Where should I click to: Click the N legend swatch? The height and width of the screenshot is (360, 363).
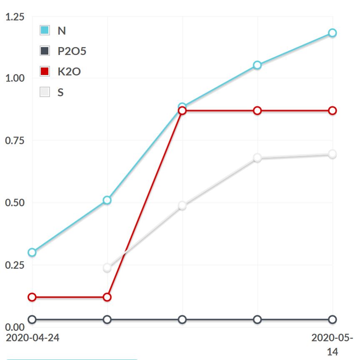pos(45,30)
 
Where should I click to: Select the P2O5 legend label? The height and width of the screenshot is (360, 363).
pos(72,51)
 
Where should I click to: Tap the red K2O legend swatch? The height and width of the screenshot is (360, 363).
pos(45,71)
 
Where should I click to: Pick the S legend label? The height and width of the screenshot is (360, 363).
pos(60,92)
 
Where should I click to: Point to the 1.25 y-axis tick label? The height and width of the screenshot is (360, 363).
pos(15,17)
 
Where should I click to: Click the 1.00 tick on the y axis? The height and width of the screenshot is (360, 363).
pos(15,78)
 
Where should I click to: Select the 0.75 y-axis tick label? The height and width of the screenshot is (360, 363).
pos(15,140)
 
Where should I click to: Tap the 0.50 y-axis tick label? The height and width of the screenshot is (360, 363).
pos(15,203)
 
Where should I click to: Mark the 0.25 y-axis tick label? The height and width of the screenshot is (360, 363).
pos(15,265)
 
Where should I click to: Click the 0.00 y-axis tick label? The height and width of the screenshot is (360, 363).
pos(15,327)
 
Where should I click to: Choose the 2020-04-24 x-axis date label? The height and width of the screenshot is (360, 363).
pos(33,337)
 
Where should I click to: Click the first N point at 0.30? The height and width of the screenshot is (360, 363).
pos(32,252)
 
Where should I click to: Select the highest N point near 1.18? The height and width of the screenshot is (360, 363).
pos(332,33)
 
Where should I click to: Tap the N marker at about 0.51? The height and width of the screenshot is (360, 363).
pos(107,200)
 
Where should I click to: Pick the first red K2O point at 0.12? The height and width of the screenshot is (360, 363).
pos(32,297)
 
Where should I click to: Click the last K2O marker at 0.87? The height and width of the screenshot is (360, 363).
pos(332,110)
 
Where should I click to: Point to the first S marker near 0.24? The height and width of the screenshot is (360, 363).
pos(107,267)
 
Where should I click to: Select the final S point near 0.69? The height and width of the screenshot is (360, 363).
pos(332,154)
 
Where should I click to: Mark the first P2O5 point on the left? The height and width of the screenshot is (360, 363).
pos(32,320)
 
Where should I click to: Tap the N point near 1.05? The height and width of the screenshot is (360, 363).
pos(257,65)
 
